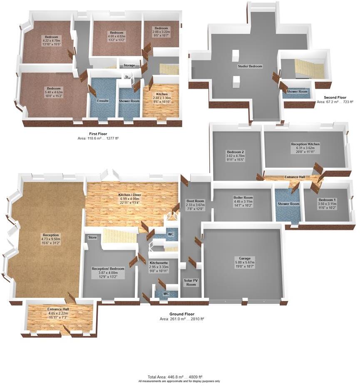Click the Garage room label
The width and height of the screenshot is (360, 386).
tap(244, 258)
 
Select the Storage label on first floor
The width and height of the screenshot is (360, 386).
tap(129, 65)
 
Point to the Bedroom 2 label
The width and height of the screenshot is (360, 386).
tap(235, 152)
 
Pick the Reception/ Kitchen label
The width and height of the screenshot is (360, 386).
tap(305, 144)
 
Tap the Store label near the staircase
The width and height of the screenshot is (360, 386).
tap(92, 238)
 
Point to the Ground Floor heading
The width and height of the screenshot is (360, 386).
tap(181, 314)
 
